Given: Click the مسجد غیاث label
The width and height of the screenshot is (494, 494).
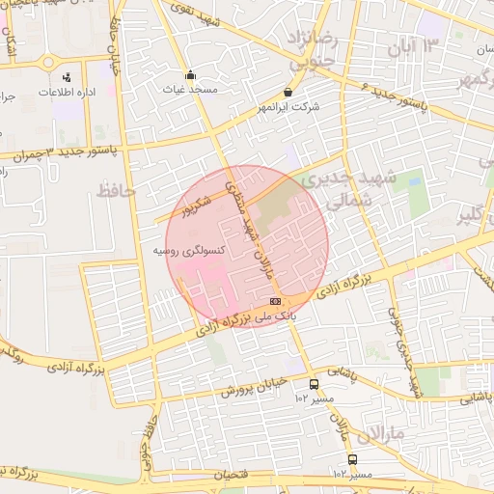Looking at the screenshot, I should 190,90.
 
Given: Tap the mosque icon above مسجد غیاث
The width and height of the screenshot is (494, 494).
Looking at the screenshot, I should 191,75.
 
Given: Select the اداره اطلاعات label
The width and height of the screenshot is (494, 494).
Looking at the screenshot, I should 66,92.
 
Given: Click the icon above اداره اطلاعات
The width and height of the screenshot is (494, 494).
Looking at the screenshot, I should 67,77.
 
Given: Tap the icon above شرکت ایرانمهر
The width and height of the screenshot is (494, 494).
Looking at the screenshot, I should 285,93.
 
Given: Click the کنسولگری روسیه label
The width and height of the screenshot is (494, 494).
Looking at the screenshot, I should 189,251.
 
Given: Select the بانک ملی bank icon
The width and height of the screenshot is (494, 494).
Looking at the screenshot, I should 288,302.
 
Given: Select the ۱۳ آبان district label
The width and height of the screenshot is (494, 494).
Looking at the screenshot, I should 413,45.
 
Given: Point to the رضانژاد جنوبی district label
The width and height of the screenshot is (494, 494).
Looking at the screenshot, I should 313,48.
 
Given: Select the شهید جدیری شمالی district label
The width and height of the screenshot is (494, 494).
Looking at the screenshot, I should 335,190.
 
